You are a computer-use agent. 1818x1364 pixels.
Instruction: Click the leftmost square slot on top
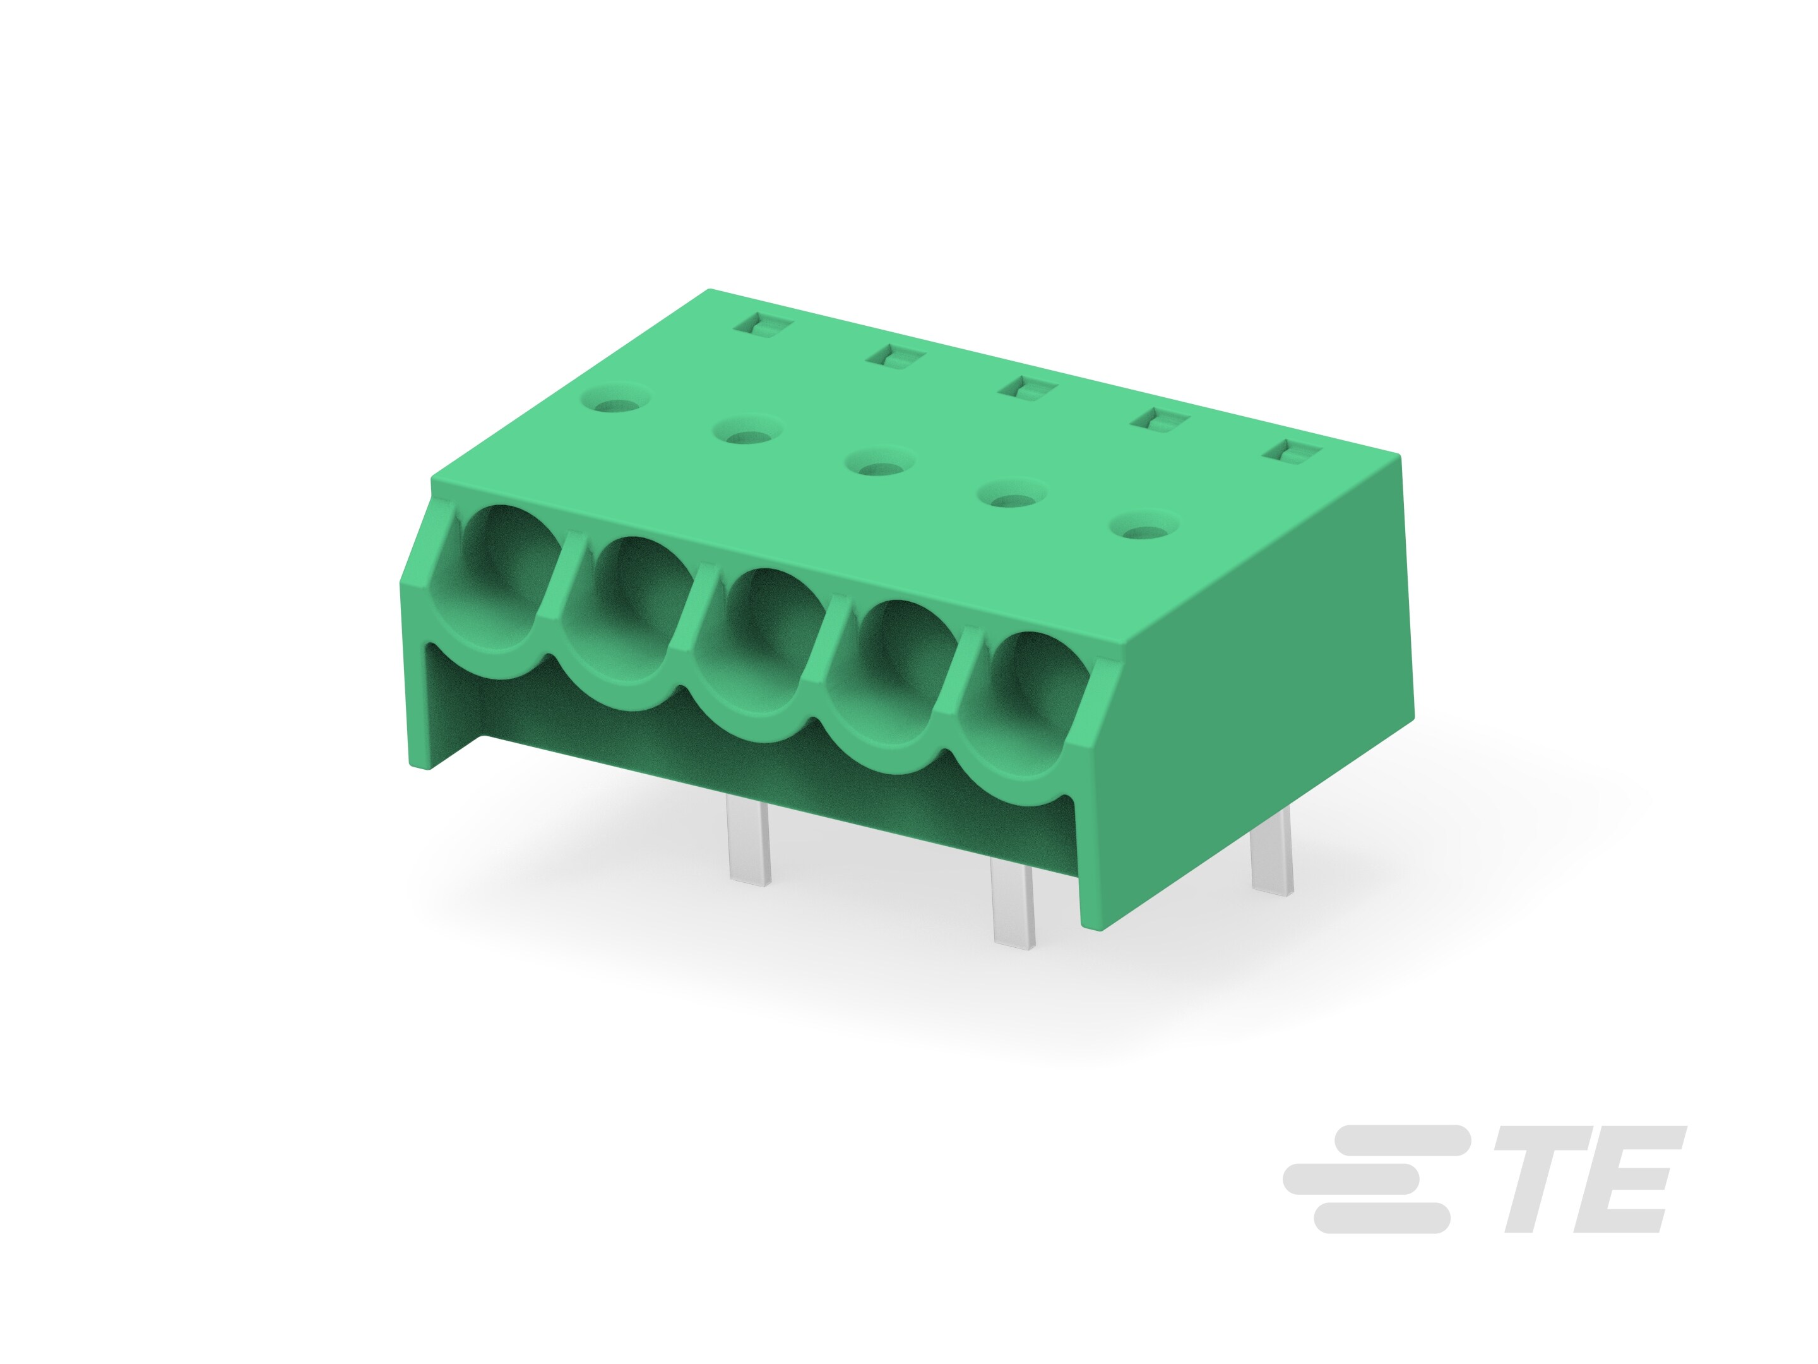pyautogui.click(x=764, y=326)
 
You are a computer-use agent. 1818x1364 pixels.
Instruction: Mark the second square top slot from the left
pyautogui.click(x=896, y=357)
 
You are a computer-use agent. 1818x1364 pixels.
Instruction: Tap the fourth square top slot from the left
pyautogui.click(x=1160, y=420)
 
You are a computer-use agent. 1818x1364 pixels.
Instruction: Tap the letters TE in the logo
pyautogui.click(x=1588, y=1179)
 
